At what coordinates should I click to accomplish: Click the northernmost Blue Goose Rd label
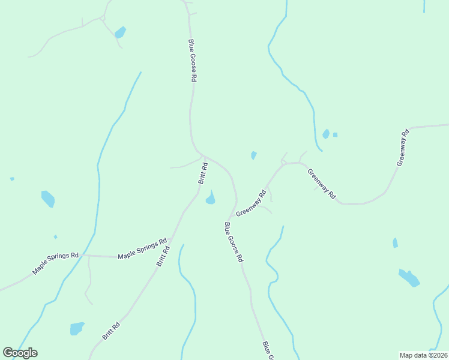coord(193,61)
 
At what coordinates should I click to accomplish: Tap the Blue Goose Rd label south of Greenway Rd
coord(234,242)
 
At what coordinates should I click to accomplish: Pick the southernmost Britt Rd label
coord(111,331)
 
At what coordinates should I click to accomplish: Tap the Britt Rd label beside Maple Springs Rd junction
coord(163,256)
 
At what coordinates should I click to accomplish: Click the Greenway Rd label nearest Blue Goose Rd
coord(251,203)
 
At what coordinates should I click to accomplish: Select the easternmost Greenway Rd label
coord(402,148)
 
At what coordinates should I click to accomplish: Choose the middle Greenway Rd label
coord(322,184)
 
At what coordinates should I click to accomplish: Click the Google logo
coord(20,353)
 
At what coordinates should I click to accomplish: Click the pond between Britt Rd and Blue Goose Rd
coord(211,198)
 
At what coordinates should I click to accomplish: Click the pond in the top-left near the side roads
coord(120,32)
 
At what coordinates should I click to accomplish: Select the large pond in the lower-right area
coord(409,277)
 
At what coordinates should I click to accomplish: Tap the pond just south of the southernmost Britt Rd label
coord(77,328)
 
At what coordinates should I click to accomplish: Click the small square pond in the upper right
coord(335,134)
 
